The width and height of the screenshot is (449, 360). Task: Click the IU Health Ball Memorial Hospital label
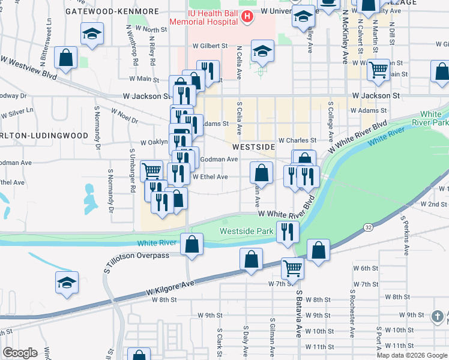point(203,16)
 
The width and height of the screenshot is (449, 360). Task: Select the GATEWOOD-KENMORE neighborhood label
point(112,11)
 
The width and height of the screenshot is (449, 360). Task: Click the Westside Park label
point(246,231)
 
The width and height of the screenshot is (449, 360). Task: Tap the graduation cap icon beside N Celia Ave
point(262,51)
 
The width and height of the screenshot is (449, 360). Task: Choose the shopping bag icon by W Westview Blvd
point(66,58)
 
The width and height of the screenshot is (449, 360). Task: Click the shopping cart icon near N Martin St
point(378,70)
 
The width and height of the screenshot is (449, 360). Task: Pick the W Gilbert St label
point(210,46)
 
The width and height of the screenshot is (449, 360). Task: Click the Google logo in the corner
point(20,353)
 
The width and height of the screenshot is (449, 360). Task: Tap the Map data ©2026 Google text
point(412,355)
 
